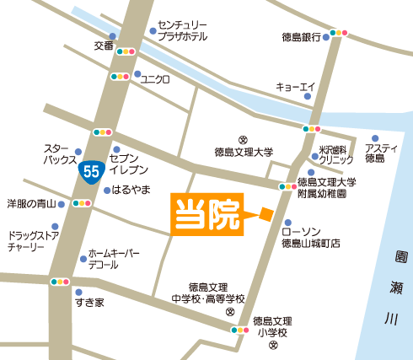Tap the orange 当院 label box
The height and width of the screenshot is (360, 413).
click(208, 214)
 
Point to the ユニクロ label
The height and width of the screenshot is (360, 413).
click(155, 79)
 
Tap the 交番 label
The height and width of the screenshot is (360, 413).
click(104, 46)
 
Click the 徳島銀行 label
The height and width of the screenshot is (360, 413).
click(301, 36)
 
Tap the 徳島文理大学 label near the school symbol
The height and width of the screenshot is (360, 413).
click(244, 153)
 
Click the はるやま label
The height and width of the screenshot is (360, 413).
click(131, 191)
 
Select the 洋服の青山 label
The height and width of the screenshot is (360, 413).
click(31, 203)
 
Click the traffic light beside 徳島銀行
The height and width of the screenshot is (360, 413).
click(339, 33)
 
